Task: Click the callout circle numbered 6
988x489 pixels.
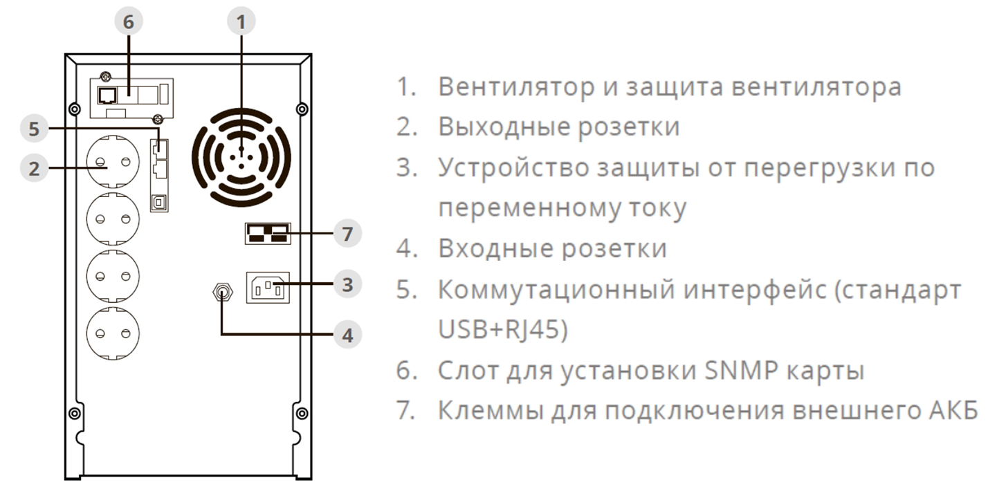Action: tap(129, 22)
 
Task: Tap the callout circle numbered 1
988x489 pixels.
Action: tap(241, 22)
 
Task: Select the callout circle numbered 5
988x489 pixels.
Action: tap(35, 129)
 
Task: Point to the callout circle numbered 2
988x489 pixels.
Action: tap(35, 168)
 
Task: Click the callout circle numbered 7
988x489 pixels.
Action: tap(347, 234)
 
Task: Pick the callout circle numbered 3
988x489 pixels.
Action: tap(347, 284)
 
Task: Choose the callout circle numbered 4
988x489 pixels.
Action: tap(347, 335)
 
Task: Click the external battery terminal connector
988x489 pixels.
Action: tap(267, 234)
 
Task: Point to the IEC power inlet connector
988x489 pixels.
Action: tap(268, 288)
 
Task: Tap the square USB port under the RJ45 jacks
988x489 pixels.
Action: tap(158, 201)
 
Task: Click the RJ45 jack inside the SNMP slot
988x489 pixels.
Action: tap(107, 95)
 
